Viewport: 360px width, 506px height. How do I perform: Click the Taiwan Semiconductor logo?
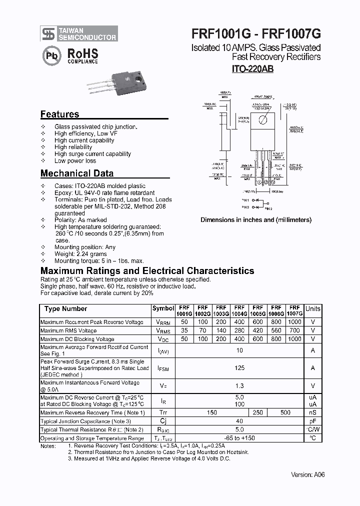[79, 33]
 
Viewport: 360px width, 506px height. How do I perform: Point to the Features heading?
[59, 114]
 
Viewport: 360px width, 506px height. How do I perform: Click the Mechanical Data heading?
[76, 173]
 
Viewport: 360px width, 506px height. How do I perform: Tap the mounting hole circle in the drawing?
[262, 119]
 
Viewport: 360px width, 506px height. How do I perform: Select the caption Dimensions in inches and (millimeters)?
[256, 220]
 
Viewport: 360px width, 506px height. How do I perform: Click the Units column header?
[313, 309]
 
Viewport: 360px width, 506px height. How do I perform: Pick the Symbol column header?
[163, 309]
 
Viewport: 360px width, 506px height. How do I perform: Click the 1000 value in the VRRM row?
[295, 322]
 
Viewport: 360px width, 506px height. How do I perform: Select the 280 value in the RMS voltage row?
[239, 331]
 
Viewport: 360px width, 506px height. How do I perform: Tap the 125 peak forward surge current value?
[239, 368]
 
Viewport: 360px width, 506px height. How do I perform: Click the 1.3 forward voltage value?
[239, 386]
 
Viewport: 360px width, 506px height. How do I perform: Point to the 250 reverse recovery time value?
[258, 412]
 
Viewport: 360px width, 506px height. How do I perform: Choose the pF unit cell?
[313, 421]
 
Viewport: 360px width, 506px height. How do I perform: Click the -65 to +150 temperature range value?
[239, 438]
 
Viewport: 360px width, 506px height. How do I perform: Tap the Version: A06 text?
[308, 475]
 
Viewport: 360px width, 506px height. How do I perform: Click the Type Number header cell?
[65, 309]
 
